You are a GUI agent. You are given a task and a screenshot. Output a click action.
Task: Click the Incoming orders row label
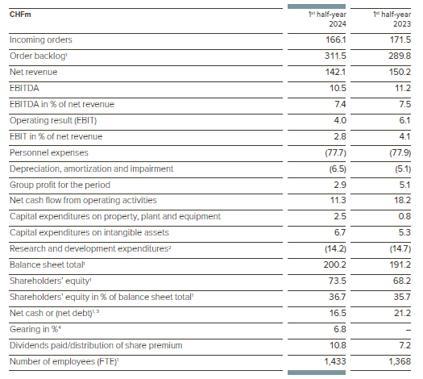coord(40,40)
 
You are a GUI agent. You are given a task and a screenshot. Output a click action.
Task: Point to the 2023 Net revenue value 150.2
coord(400,72)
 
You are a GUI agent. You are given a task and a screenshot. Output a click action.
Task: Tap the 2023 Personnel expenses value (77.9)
coord(399,152)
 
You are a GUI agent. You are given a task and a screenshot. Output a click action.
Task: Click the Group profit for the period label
coord(58,184)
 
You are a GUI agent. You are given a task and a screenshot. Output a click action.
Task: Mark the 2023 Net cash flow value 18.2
coord(401,200)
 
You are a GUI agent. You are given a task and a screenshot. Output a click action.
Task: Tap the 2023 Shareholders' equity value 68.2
coord(401,281)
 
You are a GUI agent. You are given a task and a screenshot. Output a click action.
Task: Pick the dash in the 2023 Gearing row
coord(408,328)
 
